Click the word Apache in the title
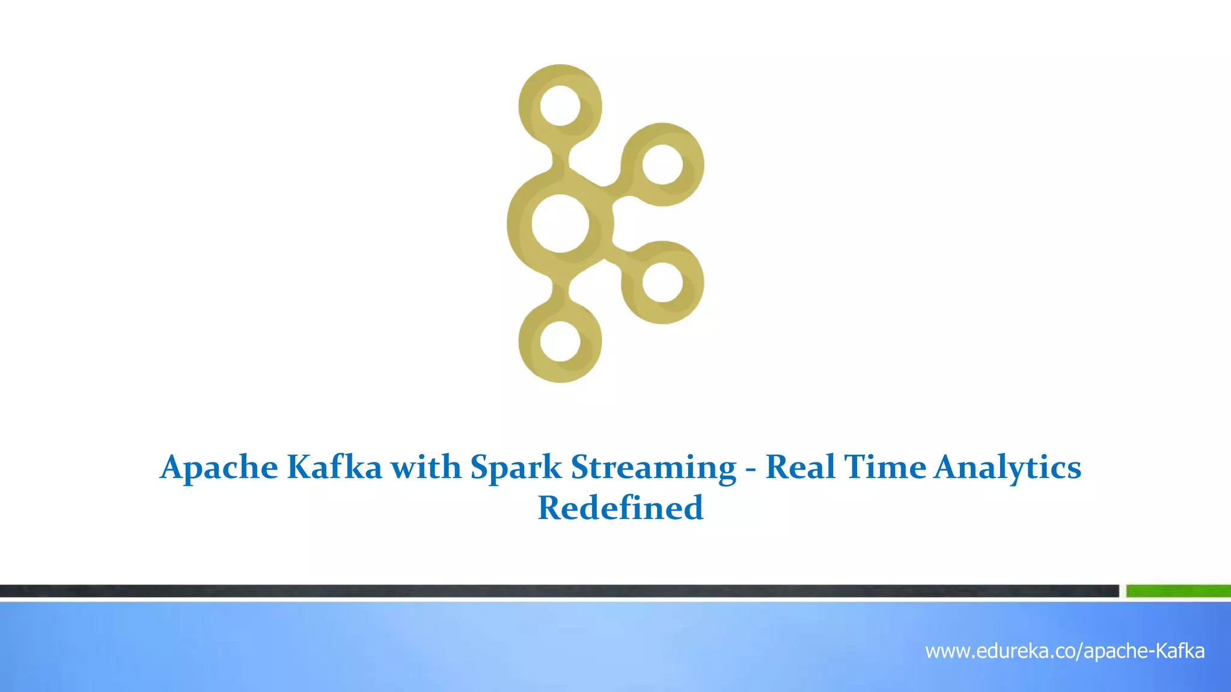pyautogui.click(x=219, y=468)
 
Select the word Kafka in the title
pyautogui.click(x=334, y=467)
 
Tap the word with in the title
pyautogui.click(x=426, y=467)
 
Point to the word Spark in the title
pyautogui.click(x=516, y=468)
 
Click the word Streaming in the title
pyautogui.click(x=653, y=468)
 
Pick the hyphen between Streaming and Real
pyautogui.click(x=751, y=469)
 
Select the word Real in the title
pyautogui.click(x=800, y=467)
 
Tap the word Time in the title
pyautogui.click(x=885, y=467)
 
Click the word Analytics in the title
pyautogui.click(x=1007, y=468)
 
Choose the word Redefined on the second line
pyautogui.click(x=620, y=508)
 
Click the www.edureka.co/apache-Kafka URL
pyautogui.click(x=1065, y=651)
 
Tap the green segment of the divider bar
pyautogui.click(x=1178, y=591)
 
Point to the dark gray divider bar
pyautogui.click(x=559, y=591)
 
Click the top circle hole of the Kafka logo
pyautogui.click(x=560, y=106)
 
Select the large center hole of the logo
pyautogui.click(x=560, y=223)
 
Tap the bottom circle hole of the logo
pyautogui.click(x=560, y=341)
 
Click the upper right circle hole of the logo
pyautogui.click(x=662, y=165)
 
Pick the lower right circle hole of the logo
pyautogui.click(x=662, y=282)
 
